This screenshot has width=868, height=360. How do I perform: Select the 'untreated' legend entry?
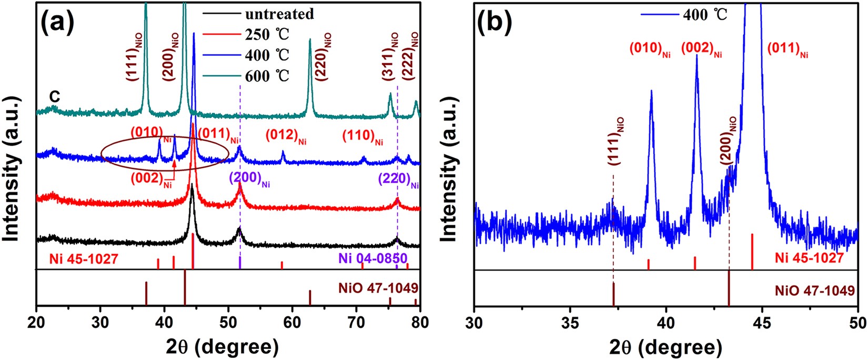tap(279, 14)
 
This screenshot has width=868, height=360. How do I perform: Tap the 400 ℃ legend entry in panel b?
tap(705, 14)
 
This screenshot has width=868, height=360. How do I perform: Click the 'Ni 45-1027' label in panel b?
tap(809, 258)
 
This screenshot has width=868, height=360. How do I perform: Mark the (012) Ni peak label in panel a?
tap(286, 136)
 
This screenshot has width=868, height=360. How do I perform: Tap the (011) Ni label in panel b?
tap(787, 51)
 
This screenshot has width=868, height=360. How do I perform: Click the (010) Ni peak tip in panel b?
tap(651, 91)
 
